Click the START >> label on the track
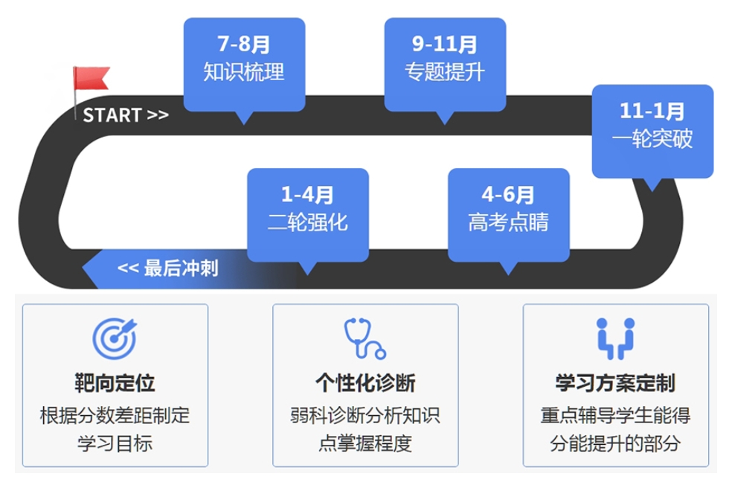click(x=126, y=115)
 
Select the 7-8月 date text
click(x=244, y=44)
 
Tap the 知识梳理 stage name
click(x=244, y=72)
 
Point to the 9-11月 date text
click(x=445, y=44)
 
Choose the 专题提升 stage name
click(x=445, y=72)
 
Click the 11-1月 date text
click(x=652, y=111)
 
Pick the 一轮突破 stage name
click(x=652, y=138)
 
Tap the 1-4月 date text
click(x=308, y=194)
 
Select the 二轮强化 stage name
click(x=308, y=222)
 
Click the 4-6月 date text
click(x=508, y=194)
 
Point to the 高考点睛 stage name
click(x=508, y=222)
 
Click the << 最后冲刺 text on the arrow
click(x=168, y=269)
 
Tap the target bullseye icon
click(x=115, y=338)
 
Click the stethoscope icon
click(x=365, y=338)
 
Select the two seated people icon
click(x=616, y=338)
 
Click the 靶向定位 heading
click(x=115, y=383)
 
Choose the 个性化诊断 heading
click(x=365, y=383)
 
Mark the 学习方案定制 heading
click(x=616, y=383)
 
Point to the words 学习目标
click(x=115, y=443)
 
